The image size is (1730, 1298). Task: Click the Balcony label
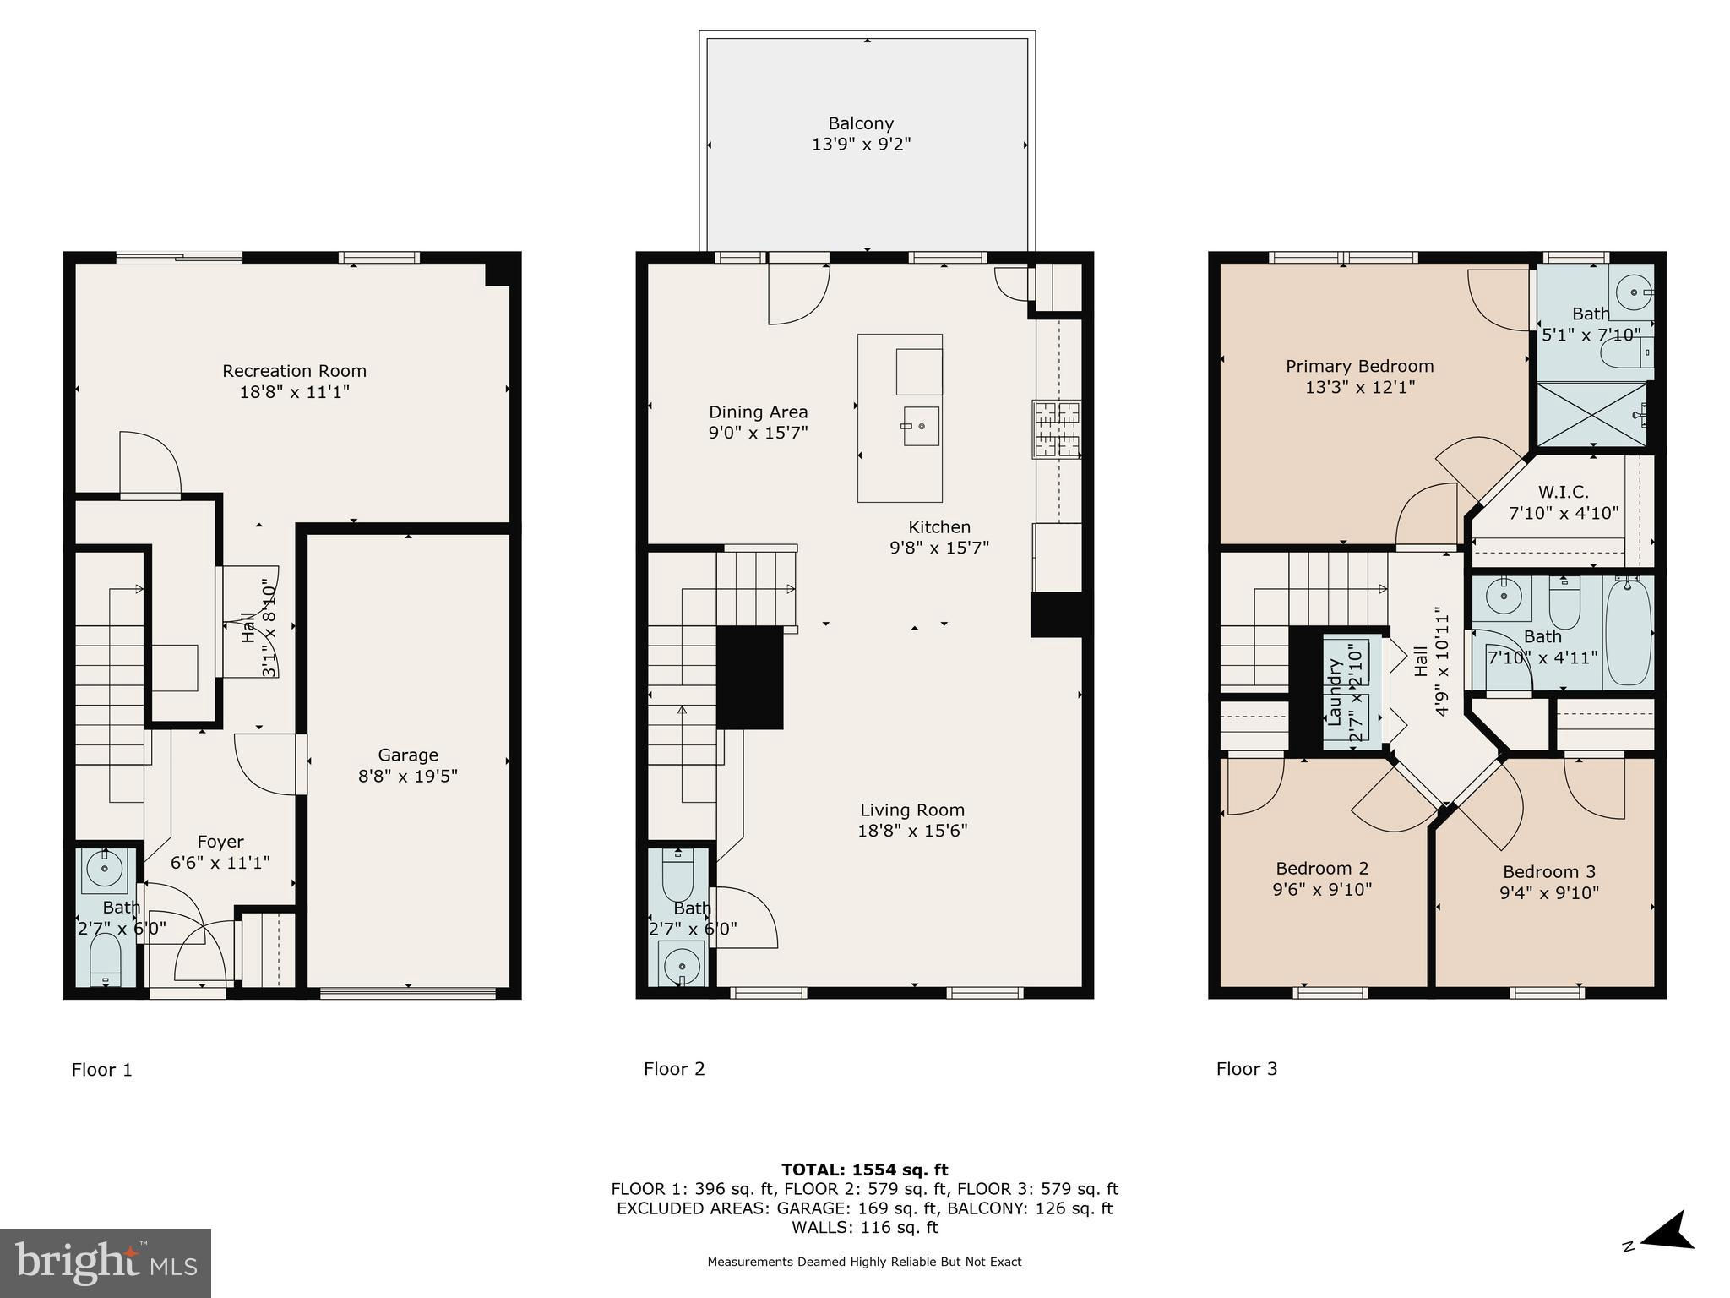coord(861,123)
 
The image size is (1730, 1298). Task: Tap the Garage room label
coord(408,755)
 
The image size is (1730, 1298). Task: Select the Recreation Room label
coord(294,370)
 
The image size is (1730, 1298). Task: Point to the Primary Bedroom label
coord(1359,366)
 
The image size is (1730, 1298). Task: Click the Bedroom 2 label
coord(1322,868)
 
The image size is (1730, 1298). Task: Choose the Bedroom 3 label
coord(1549,871)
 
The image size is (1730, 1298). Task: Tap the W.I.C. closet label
coord(1563,492)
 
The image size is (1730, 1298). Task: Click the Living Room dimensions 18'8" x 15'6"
coord(912,830)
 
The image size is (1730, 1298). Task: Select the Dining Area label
coord(758,412)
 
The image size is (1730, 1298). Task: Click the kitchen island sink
coord(920,426)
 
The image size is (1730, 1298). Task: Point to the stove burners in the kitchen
coord(1056,429)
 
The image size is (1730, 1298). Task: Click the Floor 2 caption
coord(674,1069)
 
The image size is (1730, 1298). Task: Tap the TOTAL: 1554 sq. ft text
coord(864,1170)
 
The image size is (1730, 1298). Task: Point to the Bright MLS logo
coord(106,1263)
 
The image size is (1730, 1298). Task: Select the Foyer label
coord(220,841)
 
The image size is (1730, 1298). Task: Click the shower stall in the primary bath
coord(1591,414)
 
